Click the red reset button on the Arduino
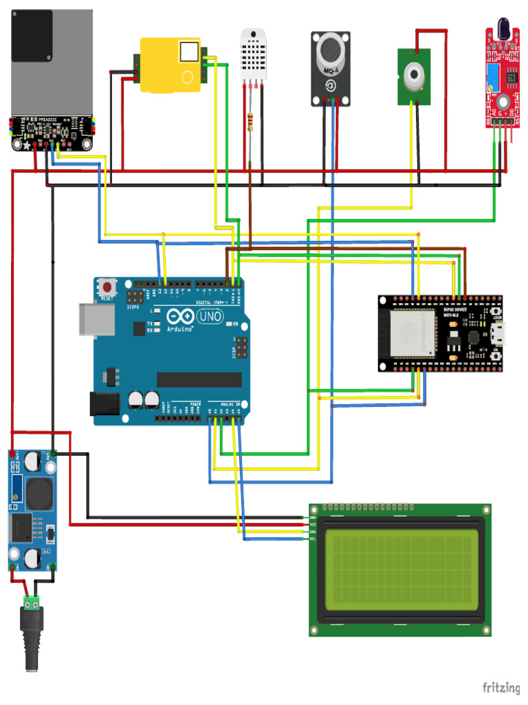108,285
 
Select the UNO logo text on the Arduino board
210,316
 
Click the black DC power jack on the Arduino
102,403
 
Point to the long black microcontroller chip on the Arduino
199,379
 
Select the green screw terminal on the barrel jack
32,603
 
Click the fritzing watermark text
500,687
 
